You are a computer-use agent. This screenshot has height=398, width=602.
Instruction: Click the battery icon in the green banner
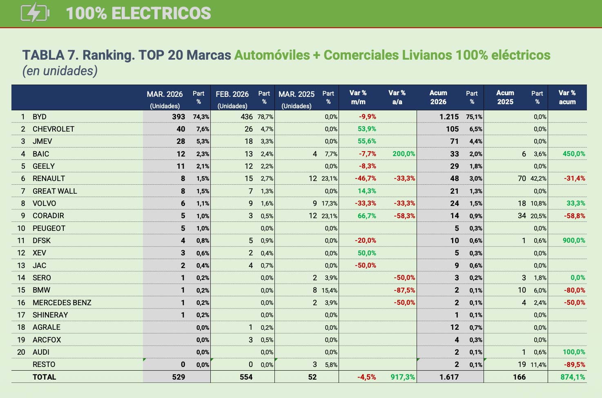point(35,13)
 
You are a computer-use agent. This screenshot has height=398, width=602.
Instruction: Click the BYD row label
point(40,117)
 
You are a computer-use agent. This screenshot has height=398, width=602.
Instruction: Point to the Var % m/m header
point(358,97)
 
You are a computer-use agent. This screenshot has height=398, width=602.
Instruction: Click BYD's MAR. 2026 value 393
point(178,117)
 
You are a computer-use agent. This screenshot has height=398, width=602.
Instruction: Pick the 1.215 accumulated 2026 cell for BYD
point(449,117)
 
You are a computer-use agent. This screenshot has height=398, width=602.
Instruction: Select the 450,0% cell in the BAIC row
point(574,154)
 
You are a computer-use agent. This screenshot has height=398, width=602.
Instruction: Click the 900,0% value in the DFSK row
point(574,241)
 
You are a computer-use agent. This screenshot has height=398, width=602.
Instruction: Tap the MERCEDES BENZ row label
point(62,303)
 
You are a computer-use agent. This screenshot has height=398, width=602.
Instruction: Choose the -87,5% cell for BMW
point(404,291)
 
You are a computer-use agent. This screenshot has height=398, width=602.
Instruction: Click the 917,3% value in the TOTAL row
point(403,377)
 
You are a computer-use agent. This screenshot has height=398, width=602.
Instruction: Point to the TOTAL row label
point(44,377)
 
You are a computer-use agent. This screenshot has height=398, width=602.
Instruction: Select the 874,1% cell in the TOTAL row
point(573,377)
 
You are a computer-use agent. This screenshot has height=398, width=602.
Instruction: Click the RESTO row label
point(44,364)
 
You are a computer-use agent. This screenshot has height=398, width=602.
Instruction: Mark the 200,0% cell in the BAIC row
point(404,154)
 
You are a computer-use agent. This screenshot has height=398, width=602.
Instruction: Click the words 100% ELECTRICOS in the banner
point(138,13)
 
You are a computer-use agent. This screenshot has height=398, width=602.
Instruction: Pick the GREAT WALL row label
point(55,191)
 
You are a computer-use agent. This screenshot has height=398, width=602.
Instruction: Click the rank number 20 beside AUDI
point(21,352)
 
